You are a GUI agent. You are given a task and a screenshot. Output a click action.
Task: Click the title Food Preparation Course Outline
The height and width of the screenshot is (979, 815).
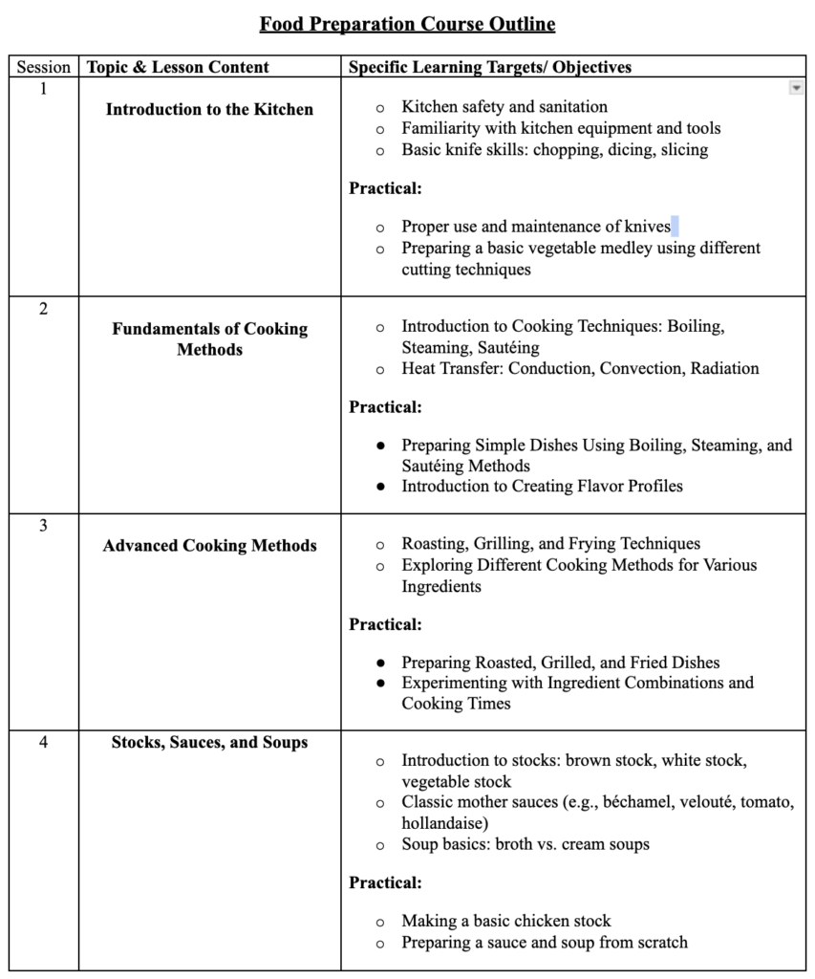pyautogui.click(x=407, y=23)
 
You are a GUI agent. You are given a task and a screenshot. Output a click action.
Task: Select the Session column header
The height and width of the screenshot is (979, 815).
pyautogui.click(x=44, y=68)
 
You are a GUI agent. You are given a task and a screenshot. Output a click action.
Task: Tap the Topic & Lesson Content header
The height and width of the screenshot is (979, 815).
pyautogui.click(x=178, y=68)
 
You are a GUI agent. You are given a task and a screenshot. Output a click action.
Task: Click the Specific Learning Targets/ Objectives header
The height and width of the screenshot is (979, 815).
pyautogui.click(x=489, y=68)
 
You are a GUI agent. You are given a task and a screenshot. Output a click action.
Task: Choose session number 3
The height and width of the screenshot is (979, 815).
pyautogui.click(x=44, y=525)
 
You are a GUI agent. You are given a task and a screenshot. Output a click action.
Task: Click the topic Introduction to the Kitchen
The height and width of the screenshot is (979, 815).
pyautogui.click(x=209, y=110)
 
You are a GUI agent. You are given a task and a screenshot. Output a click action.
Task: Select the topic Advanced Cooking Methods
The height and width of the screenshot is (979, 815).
pyautogui.click(x=209, y=546)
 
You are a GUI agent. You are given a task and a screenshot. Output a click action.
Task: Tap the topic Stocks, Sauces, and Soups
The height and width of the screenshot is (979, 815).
pyautogui.click(x=209, y=742)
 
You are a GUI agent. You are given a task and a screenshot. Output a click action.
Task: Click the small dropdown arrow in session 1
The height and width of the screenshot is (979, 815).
pyautogui.click(x=796, y=88)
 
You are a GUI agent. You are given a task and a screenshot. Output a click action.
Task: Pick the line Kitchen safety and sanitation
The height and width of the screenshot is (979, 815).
pyautogui.click(x=504, y=107)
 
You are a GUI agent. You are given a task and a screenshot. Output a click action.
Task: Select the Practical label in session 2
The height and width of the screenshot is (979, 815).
pyautogui.click(x=385, y=407)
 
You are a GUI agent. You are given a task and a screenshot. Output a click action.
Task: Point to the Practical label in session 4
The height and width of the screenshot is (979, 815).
pyautogui.click(x=385, y=882)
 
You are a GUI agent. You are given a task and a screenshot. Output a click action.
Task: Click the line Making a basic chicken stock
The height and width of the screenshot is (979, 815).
pyautogui.click(x=505, y=922)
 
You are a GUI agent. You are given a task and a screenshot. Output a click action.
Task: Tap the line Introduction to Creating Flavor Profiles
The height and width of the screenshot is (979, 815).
pyautogui.click(x=542, y=487)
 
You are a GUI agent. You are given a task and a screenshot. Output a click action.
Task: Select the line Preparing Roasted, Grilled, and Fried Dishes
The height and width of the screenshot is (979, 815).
pyautogui.click(x=560, y=663)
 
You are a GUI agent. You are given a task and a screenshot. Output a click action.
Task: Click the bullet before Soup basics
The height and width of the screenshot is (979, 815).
pyautogui.click(x=380, y=845)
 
